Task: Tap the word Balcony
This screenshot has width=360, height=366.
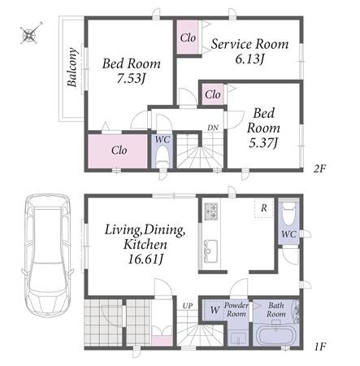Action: pyautogui.click(x=72, y=68)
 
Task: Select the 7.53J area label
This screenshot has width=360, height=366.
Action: pyautogui.click(x=131, y=79)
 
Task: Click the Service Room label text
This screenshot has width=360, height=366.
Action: pyautogui.click(x=249, y=44)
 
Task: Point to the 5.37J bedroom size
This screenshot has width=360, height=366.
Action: pyautogui.click(x=263, y=142)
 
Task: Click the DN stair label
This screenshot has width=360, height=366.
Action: pyautogui.click(x=213, y=128)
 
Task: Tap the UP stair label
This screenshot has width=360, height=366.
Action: pyautogui.click(x=188, y=306)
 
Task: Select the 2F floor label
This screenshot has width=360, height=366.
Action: pyautogui.click(x=319, y=169)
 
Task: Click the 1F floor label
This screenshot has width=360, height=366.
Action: pyautogui.click(x=319, y=346)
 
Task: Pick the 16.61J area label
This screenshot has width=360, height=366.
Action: pyautogui.click(x=145, y=259)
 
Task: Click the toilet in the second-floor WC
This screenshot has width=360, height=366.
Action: pyautogui.click(x=163, y=156)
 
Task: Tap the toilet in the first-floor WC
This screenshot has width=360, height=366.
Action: pyautogui.click(x=289, y=212)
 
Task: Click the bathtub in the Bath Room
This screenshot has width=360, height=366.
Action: pyautogui.click(x=275, y=336)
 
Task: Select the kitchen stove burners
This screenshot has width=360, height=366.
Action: pyautogui.click(x=211, y=211)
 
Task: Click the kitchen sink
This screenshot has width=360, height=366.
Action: pyautogui.click(x=210, y=251)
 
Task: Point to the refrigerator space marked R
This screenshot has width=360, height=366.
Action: pyautogui.click(x=264, y=208)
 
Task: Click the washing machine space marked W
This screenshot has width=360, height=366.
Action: pyautogui.click(x=215, y=310)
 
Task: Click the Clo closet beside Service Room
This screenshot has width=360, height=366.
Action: pyautogui.click(x=188, y=37)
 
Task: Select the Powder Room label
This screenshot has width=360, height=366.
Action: pyautogui.click(x=236, y=309)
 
